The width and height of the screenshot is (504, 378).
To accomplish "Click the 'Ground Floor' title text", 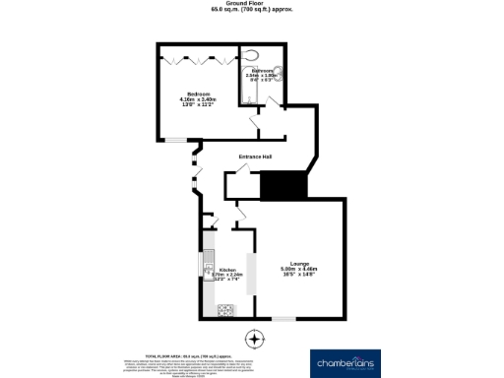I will [x=251, y=4].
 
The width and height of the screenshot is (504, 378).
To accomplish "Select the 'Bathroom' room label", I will [x=262, y=71].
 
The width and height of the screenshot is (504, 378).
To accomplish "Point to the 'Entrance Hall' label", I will [x=255, y=157].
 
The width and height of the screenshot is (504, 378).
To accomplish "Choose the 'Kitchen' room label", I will [x=227, y=270].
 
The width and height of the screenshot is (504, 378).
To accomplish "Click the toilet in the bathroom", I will [x=253, y=55].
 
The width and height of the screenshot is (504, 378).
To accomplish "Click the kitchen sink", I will [x=209, y=264].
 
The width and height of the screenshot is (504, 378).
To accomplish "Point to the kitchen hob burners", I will [x=224, y=310].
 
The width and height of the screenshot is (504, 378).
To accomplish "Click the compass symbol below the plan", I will [x=255, y=340].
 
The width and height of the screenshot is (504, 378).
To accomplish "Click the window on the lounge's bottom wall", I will [x=283, y=318].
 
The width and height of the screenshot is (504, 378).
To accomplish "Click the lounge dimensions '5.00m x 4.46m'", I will [x=299, y=270].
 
